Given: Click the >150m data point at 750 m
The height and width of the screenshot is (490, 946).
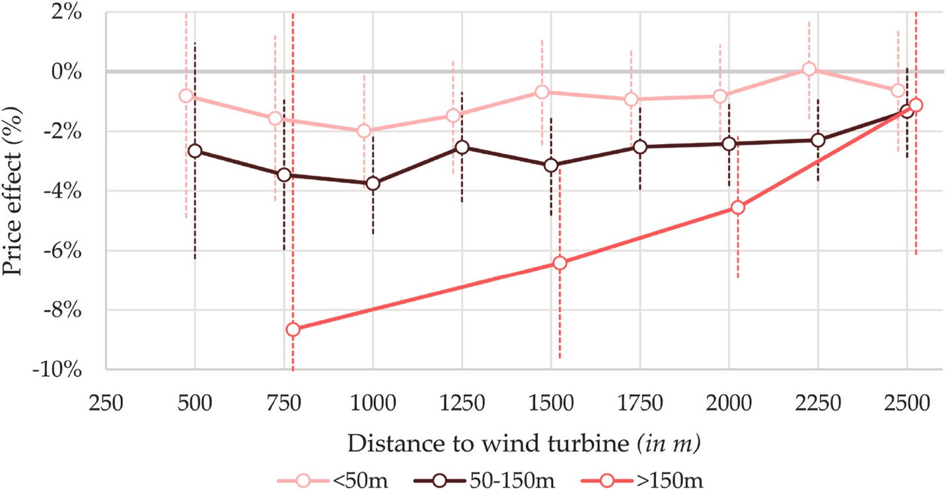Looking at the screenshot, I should coord(293,329).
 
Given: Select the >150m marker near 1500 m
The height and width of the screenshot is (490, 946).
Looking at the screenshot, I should coord(560,263).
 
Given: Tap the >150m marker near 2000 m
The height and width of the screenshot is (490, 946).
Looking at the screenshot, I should coord(738,208).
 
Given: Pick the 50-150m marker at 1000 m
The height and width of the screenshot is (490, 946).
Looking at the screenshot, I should coord(373,183).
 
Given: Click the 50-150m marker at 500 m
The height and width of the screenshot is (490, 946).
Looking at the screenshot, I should coord(195,151).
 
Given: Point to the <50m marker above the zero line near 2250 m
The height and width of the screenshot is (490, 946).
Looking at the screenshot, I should coord(809,69).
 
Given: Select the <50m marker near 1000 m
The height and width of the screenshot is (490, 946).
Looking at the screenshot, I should coord(363,131).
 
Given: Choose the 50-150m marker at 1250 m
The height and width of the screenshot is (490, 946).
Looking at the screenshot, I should coord(462,147).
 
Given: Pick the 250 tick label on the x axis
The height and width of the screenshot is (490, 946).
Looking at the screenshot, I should coord(106,403).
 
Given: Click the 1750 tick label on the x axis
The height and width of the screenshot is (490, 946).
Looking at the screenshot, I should coord(639,403).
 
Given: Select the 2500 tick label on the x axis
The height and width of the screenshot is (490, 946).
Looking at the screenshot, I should coord(906,403).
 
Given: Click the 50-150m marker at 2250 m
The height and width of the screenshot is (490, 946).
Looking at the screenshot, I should coord(818,140).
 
